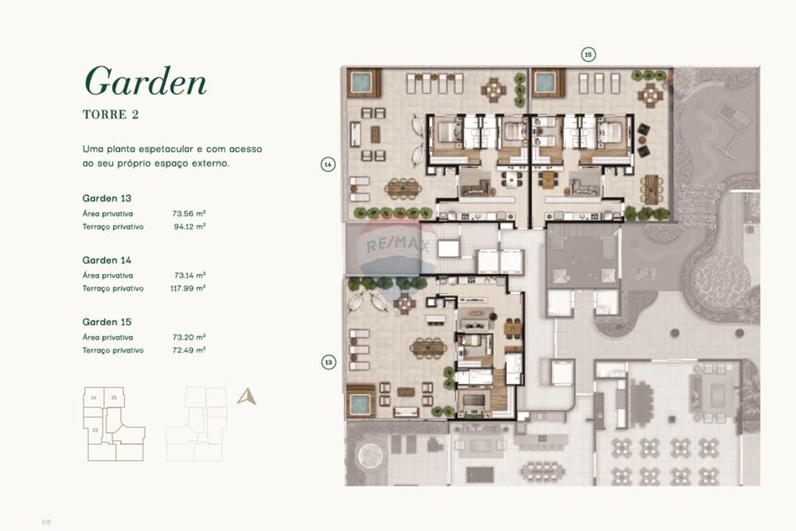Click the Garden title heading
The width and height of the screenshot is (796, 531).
145,81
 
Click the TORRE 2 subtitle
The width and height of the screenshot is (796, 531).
111,115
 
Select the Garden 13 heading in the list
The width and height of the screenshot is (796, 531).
107,197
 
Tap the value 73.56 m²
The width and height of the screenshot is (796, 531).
189,213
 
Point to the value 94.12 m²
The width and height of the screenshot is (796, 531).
189,226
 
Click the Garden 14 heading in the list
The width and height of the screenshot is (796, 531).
107,260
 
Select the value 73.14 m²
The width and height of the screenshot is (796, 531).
189,275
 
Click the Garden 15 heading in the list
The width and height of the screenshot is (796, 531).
107,322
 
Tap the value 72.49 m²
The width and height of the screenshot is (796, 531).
189,350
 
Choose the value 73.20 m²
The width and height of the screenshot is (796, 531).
189,338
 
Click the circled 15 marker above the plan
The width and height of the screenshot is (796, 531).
587,54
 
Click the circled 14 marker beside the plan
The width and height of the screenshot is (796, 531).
328,164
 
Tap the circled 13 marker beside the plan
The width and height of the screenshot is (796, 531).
328,362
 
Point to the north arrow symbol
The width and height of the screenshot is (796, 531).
247,396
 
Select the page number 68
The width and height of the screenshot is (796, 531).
46,521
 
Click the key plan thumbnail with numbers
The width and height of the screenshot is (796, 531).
113,424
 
